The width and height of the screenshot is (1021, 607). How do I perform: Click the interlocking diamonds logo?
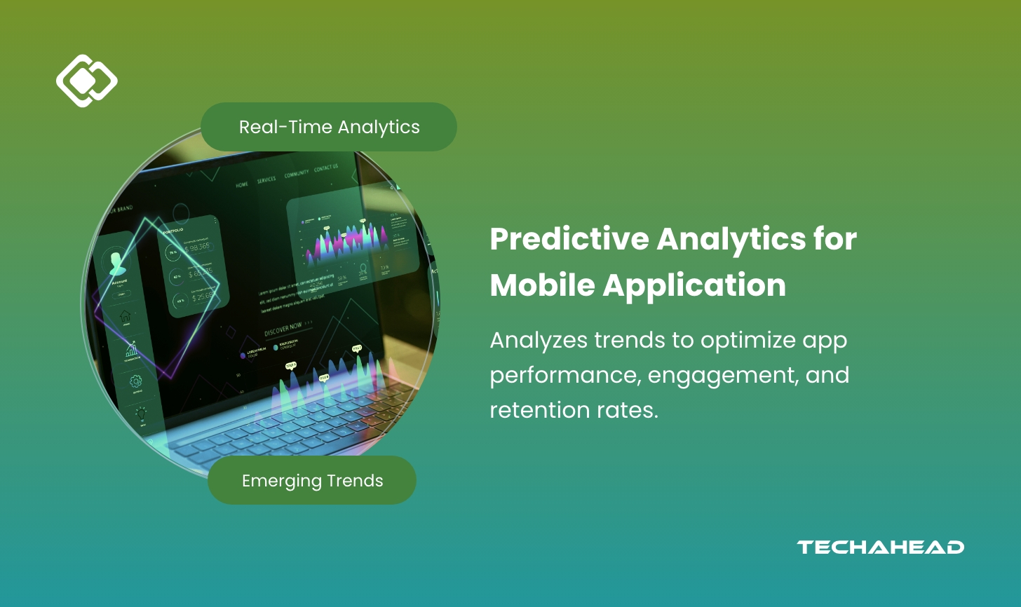[86, 81]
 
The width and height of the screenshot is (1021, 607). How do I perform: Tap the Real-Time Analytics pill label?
[329, 127]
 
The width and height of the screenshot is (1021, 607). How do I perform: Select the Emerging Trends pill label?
[312, 481]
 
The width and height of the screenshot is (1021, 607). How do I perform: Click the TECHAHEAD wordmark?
[880, 547]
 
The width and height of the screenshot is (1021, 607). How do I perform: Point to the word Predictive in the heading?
[569, 239]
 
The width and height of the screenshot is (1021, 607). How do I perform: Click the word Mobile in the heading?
[541, 285]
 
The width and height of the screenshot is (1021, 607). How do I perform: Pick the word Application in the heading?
[694, 285]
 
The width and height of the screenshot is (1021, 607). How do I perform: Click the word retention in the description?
[537, 410]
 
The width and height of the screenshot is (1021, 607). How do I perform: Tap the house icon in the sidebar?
[126, 316]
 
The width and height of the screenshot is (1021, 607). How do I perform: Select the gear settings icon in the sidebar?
[135, 381]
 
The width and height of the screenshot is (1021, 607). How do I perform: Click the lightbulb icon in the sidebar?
[141, 414]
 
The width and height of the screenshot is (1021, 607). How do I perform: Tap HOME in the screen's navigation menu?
[242, 184]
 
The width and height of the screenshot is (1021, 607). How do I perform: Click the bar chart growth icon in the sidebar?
[131, 348]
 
